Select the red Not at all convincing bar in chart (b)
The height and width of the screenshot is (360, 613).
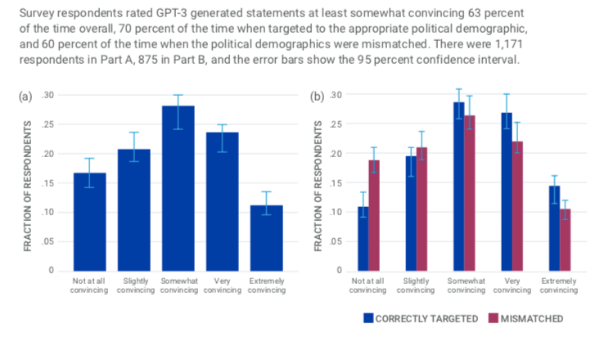click(374, 215)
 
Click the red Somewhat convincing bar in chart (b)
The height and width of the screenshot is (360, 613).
click(470, 193)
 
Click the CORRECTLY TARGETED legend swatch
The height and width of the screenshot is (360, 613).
click(367, 318)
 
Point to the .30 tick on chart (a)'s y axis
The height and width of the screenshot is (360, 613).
click(47, 96)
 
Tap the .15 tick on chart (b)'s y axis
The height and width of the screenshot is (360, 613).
click(335, 183)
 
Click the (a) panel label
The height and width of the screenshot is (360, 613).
click(25, 96)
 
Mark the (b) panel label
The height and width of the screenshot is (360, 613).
click(317, 96)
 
